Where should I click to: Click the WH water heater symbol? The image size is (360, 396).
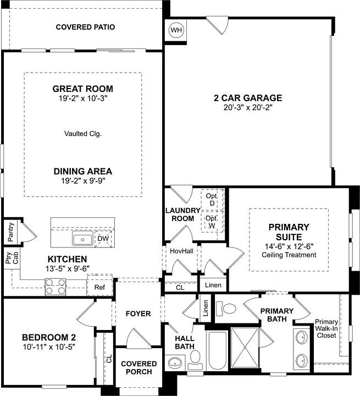176,30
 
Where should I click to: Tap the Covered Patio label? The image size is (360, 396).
85,27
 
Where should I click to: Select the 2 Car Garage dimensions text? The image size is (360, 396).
248,108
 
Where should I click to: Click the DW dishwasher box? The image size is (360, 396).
102,239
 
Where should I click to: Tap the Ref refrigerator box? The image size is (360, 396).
99,287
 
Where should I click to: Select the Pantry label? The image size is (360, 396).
10,232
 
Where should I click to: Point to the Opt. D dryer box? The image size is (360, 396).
212,200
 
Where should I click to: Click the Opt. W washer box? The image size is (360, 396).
212,221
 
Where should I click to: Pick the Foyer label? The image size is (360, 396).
138,313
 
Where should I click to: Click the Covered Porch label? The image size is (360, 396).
139,367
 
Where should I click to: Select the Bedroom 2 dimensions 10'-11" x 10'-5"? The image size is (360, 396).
48,347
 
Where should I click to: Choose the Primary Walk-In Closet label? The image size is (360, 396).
328,329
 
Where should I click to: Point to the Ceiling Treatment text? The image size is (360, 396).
289,255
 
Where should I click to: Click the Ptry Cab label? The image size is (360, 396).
9,260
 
